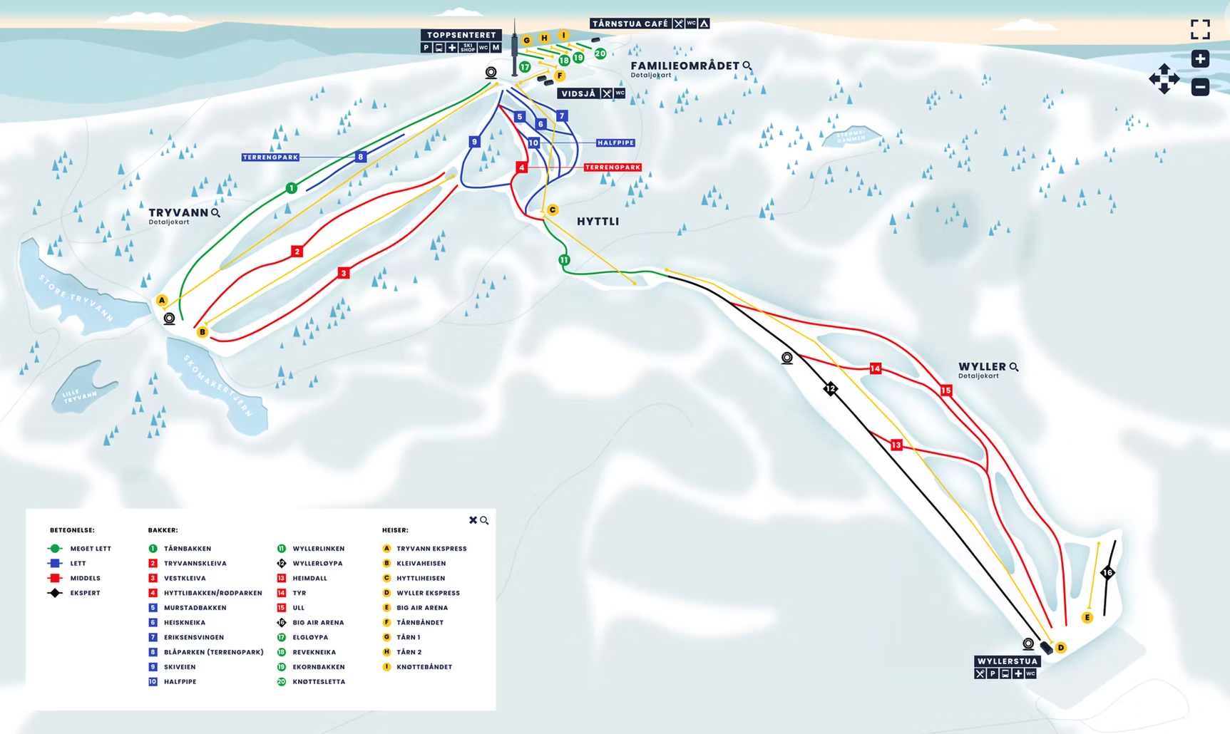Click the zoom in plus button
click(1200, 58)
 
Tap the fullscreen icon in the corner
click(1200, 29)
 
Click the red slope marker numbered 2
click(297, 251)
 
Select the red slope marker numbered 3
click(344, 273)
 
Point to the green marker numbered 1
click(291, 188)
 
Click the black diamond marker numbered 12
click(831, 388)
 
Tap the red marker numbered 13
click(896, 445)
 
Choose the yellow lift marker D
click(1061, 647)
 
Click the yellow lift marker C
click(553, 210)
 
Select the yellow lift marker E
click(1087, 618)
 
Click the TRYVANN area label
click(178, 212)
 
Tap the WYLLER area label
click(982, 366)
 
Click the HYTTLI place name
click(598, 222)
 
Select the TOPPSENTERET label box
click(461, 35)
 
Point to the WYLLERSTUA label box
click(1007, 661)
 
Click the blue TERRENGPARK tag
click(270, 157)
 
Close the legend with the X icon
click(473, 520)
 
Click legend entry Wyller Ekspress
click(428, 593)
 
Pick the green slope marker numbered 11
click(564, 260)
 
